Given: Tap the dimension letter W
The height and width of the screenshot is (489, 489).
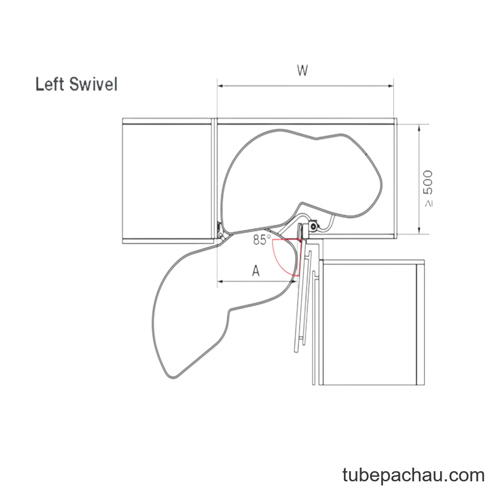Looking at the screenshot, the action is [x=303, y=70].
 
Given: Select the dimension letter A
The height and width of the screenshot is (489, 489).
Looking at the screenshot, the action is [x=256, y=270].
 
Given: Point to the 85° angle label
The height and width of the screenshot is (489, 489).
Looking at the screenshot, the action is [x=262, y=239].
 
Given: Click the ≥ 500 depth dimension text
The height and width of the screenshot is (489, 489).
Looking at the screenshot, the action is [x=428, y=188].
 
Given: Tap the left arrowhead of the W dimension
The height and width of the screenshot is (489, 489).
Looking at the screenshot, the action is [x=220, y=86].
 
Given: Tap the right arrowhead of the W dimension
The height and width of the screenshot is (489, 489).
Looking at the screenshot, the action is [x=391, y=86].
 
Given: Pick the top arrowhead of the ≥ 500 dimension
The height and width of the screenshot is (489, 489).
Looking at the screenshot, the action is [x=419, y=127].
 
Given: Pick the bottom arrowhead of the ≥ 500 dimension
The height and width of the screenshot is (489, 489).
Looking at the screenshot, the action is [x=419, y=231].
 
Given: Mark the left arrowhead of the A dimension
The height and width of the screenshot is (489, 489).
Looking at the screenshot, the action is [x=220, y=281].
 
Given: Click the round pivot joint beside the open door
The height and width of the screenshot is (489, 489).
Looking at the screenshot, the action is [x=313, y=226].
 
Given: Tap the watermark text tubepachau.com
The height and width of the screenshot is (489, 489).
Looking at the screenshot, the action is [x=413, y=475].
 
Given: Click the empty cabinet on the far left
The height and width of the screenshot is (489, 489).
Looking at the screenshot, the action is [x=167, y=181].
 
